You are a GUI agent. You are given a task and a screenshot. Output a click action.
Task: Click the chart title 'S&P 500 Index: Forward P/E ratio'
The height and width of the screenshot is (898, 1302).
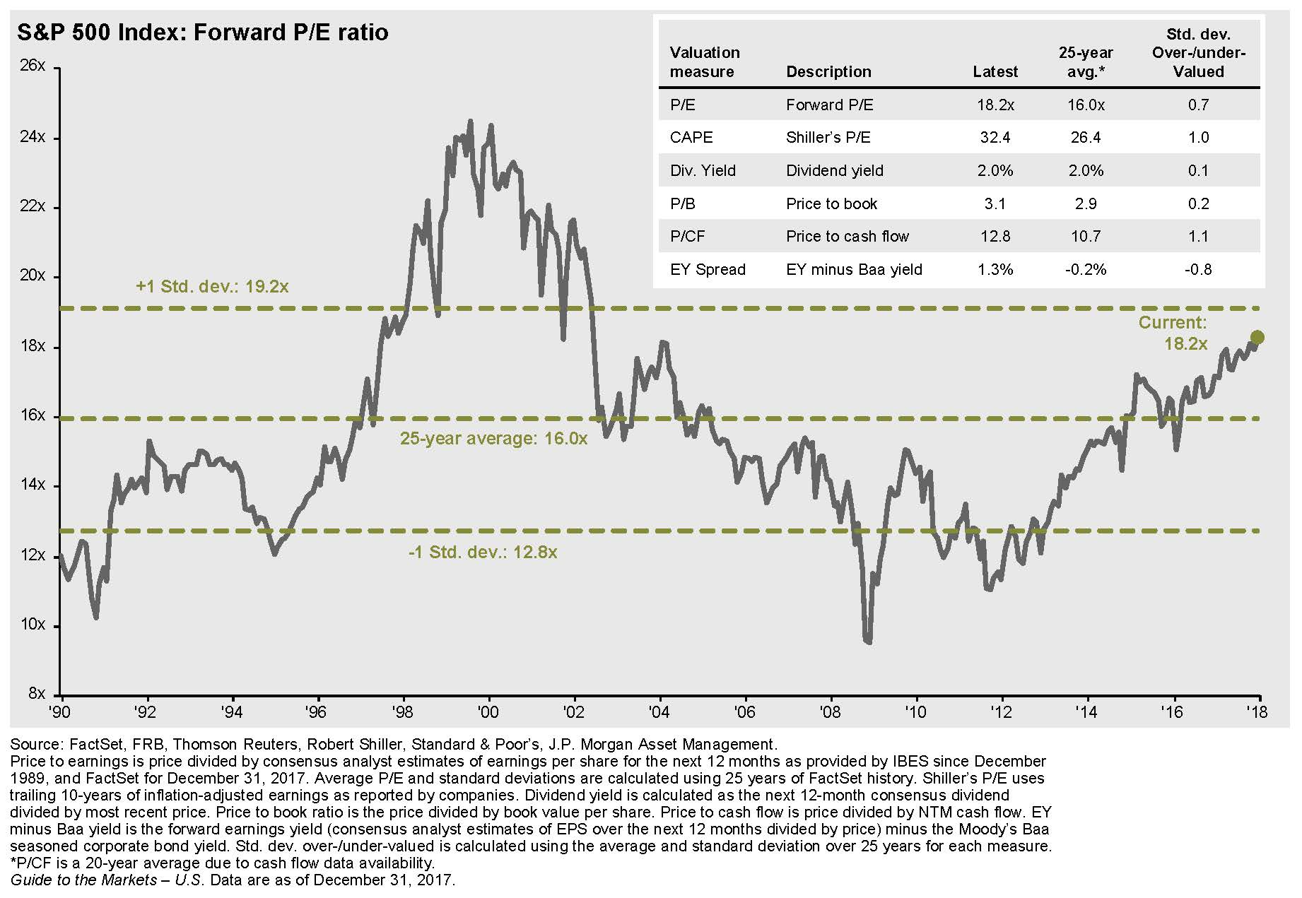coord(203,33)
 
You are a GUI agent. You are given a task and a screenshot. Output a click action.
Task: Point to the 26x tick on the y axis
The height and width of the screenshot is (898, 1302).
coord(33,66)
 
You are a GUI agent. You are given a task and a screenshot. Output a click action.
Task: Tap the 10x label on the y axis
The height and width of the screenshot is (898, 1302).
coord(33,625)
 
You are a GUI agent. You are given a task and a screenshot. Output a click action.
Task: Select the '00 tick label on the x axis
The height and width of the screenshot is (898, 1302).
coord(488,711)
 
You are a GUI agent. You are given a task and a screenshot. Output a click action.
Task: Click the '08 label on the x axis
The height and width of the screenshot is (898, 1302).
coord(830,711)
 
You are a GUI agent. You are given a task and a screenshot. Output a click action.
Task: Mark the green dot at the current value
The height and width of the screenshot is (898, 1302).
coord(1257,338)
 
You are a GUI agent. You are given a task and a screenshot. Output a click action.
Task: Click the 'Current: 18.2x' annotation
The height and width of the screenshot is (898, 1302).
coord(1173,333)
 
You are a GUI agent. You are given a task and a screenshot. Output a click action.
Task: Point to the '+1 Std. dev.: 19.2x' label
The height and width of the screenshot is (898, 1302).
coord(212,287)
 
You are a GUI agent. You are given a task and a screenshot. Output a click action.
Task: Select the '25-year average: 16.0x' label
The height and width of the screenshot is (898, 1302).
coord(493,439)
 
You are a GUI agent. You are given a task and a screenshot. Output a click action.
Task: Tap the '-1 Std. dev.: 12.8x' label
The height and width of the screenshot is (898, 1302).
coord(483,553)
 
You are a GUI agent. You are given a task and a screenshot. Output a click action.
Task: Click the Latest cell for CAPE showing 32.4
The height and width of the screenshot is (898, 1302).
coord(995,138)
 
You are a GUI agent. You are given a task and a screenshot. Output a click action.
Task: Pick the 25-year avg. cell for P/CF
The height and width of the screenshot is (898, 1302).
coord(1085,237)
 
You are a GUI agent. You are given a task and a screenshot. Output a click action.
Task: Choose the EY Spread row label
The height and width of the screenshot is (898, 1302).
coord(708,270)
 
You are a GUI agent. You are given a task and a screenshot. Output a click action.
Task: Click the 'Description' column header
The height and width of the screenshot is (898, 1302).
coord(828,72)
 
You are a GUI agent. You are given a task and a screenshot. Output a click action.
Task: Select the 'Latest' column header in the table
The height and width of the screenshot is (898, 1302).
coord(995,72)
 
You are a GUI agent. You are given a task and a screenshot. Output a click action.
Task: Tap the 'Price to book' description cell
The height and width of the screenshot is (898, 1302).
coord(831,204)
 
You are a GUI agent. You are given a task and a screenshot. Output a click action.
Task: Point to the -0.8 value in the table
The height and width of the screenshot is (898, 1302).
coord(1198,270)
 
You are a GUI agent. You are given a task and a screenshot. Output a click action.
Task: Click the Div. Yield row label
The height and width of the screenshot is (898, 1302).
coord(703,171)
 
